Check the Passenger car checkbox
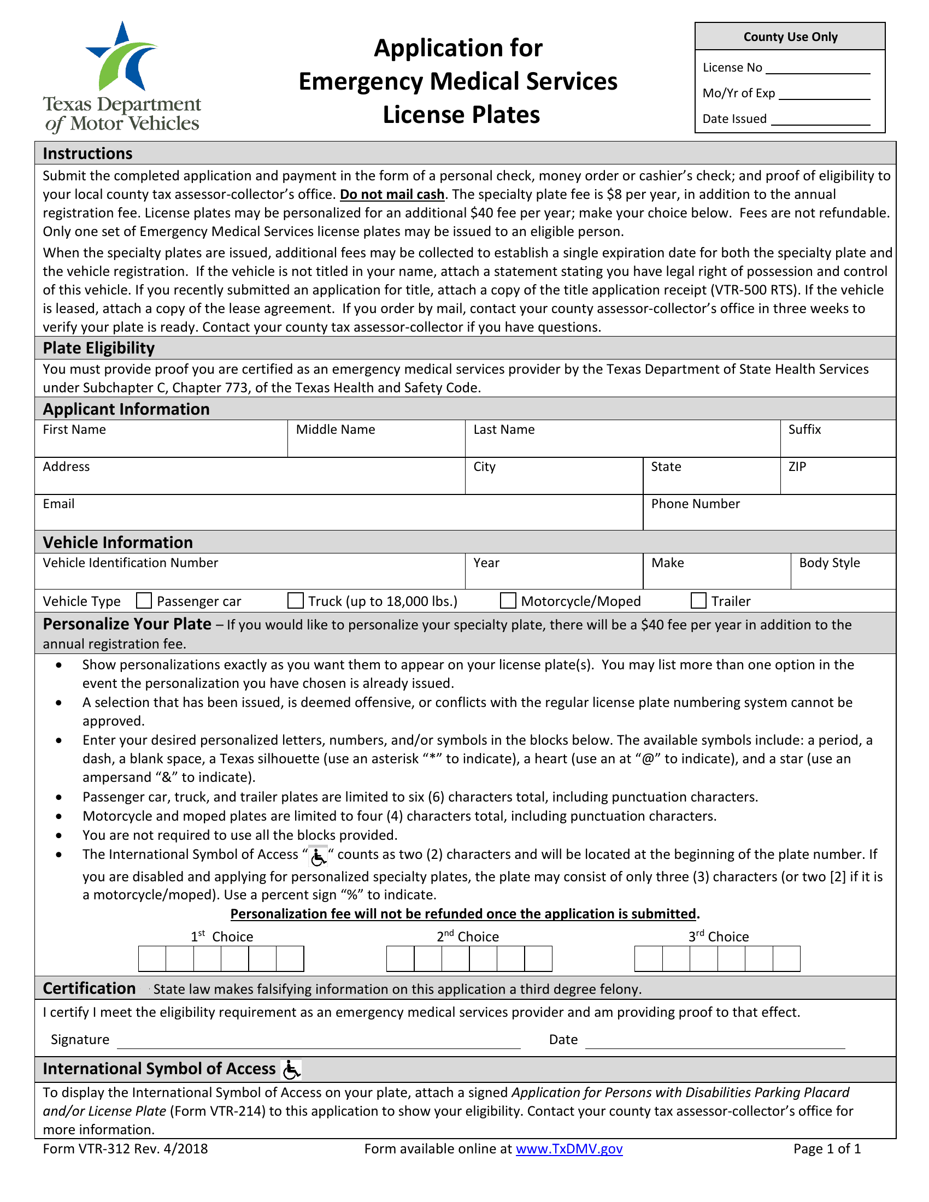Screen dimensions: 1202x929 click(x=144, y=600)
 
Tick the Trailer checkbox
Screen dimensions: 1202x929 click(x=698, y=600)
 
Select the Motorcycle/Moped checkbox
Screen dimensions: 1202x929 click(x=508, y=600)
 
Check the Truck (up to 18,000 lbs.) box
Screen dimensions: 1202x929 click(x=296, y=600)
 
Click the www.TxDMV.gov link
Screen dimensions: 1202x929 click(x=568, y=1148)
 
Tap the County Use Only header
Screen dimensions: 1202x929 click(x=790, y=37)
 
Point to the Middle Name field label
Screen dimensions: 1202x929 click(x=335, y=429)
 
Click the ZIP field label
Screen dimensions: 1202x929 click(x=797, y=467)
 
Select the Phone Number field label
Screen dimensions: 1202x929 click(x=695, y=504)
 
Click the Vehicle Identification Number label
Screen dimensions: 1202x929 click(x=131, y=562)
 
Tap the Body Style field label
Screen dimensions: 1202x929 click(x=829, y=562)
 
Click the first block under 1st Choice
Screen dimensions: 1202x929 click(x=152, y=959)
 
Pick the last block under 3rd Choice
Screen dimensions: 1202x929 click(x=786, y=959)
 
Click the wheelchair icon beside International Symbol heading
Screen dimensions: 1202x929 click(x=291, y=1069)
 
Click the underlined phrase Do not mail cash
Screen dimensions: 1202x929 click(x=392, y=195)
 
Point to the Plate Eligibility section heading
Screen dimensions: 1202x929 click(x=98, y=348)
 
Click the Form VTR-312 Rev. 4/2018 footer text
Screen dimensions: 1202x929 click(x=125, y=1148)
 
